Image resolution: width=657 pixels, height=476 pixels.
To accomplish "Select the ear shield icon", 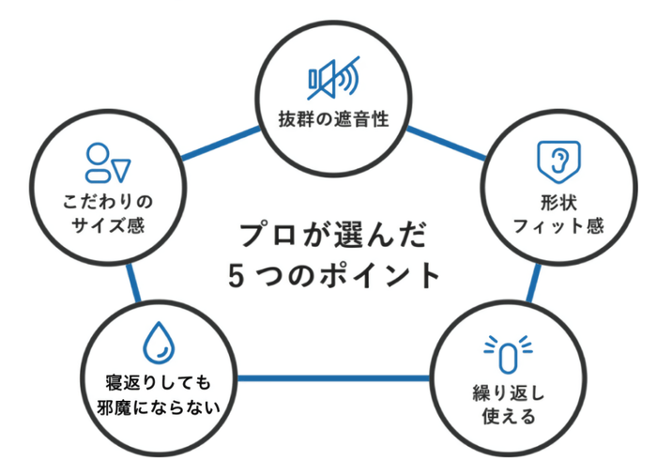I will click(554, 161).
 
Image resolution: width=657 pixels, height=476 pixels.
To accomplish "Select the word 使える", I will click(507, 417).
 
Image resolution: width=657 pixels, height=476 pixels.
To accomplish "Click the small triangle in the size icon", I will click(121, 168).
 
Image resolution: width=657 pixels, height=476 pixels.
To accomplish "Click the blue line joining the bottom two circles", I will click(332, 378).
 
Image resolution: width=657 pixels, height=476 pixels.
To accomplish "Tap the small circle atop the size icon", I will click(98, 153).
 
